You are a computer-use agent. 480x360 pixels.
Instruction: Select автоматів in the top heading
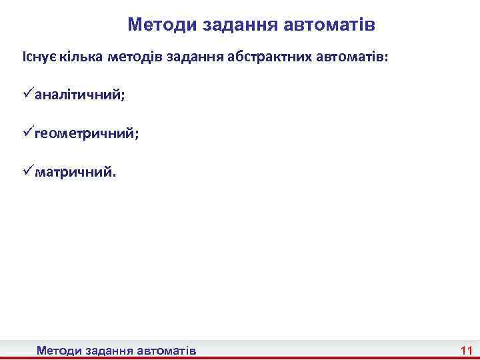[330, 25]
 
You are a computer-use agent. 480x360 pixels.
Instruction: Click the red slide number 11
[465, 350]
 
